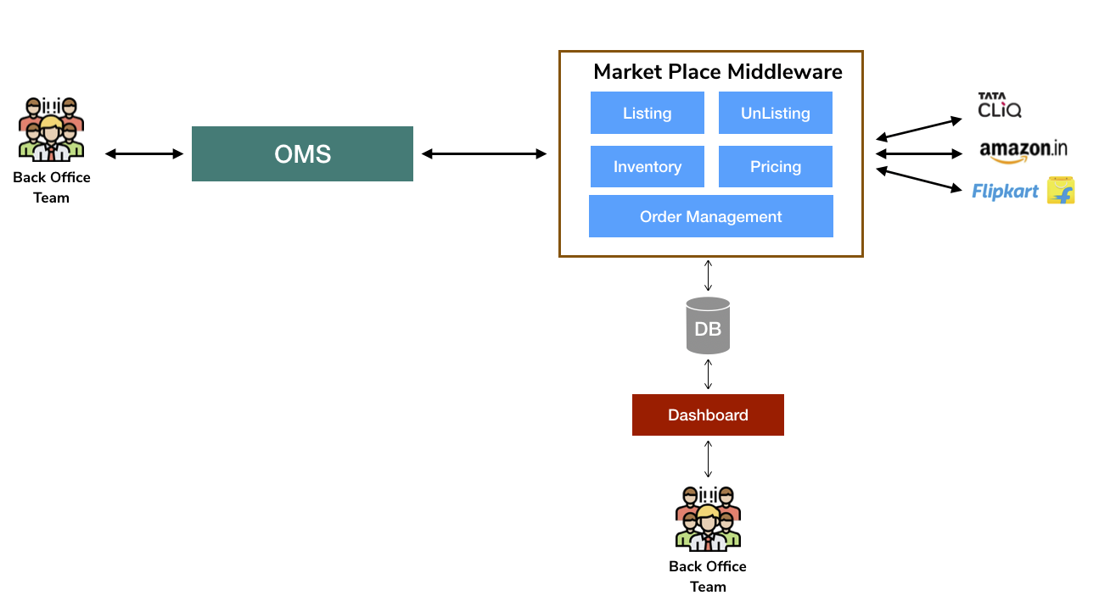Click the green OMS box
(x=302, y=153)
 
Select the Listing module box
(x=647, y=113)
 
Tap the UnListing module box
(x=775, y=113)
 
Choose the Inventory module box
(x=647, y=166)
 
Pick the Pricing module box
(x=775, y=166)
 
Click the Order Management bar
(x=710, y=216)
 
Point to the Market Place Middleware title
(x=717, y=71)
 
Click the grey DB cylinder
(x=708, y=325)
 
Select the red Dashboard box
(x=708, y=414)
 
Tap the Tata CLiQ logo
(x=1000, y=105)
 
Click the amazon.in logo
(x=1023, y=151)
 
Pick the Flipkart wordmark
(x=1005, y=192)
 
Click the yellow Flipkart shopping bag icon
(x=1061, y=191)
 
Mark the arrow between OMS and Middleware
(x=484, y=153)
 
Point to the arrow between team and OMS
(x=144, y=153)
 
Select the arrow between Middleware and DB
(x=708, y=275)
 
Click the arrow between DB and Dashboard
(x=708, y=374)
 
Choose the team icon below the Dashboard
(x=708, y=518)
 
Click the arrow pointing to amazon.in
(x=919, y=153)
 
